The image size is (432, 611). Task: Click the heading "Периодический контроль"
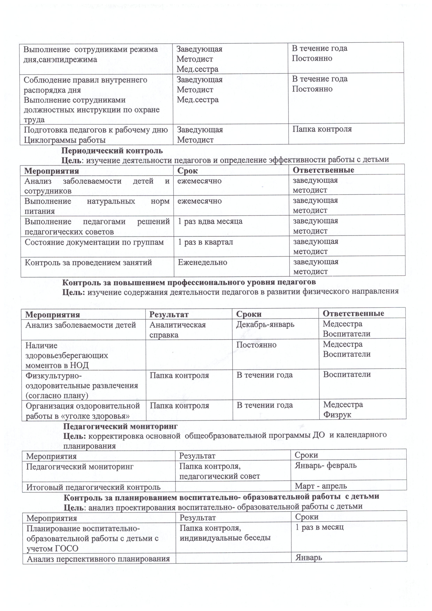coord(112,151)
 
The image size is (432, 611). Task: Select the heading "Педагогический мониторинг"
coord(120,426)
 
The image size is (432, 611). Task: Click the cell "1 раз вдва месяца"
coord(210,221)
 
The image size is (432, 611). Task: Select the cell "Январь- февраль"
coord(326,465)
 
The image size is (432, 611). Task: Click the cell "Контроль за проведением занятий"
coord(88,263)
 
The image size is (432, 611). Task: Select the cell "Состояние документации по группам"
coord(94,242)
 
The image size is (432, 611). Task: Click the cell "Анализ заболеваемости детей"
coord(81,325)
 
